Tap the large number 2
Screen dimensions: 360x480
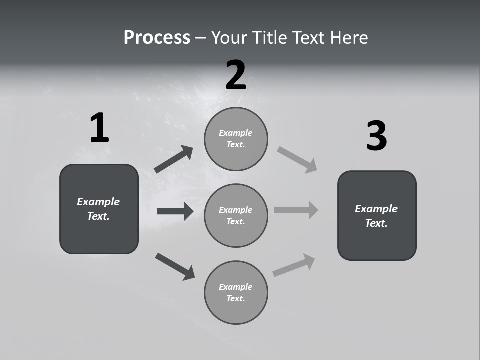[235, 75]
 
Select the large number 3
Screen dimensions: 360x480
[376, 136]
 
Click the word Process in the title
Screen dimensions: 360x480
[157, 37]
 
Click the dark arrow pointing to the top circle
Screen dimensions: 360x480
[174, 159]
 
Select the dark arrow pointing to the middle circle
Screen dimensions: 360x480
[175, 211]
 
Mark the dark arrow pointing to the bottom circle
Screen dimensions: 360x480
[175, 266]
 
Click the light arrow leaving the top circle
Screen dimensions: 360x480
[297, 159]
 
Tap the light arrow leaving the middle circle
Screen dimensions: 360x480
[296, 210]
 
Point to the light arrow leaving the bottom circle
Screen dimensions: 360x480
[294, 265]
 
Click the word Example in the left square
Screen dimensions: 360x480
[98, 202]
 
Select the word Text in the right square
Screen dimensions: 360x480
[376, 223]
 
